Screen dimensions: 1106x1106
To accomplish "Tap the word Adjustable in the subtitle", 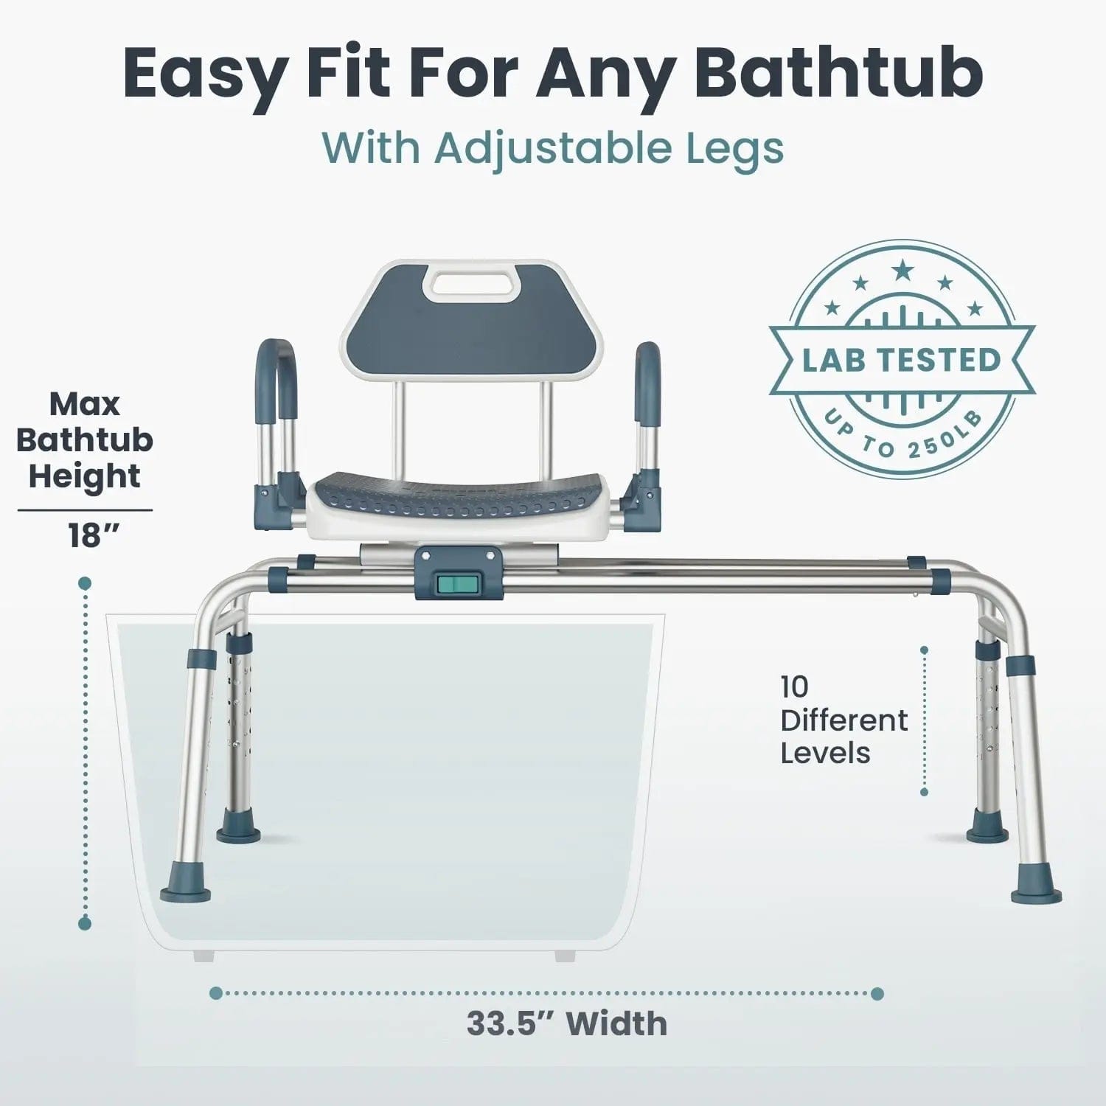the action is [552, 148].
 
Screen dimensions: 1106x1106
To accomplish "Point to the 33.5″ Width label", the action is [567, 1023].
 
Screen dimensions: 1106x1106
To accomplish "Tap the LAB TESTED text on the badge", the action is [902, 361].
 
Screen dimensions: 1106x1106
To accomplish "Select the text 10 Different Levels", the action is [844, 720].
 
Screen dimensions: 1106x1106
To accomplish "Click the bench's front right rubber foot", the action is [1037, 885].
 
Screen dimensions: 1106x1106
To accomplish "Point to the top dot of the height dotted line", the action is [85, 583].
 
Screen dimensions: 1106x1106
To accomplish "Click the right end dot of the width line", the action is [877, 993].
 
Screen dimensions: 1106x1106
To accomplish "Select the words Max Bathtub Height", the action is [85, 440].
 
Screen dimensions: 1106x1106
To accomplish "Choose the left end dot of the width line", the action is [216, 993].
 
